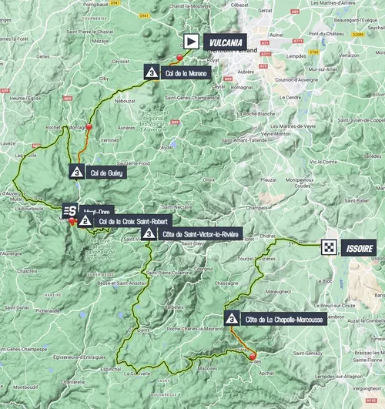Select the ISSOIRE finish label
click(360, 247)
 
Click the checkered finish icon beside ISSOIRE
click(330, 247)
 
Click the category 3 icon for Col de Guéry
click(76, 173)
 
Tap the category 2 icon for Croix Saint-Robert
click(85, 222)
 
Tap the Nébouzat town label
click(126, 101)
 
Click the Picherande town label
click(48, 312)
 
